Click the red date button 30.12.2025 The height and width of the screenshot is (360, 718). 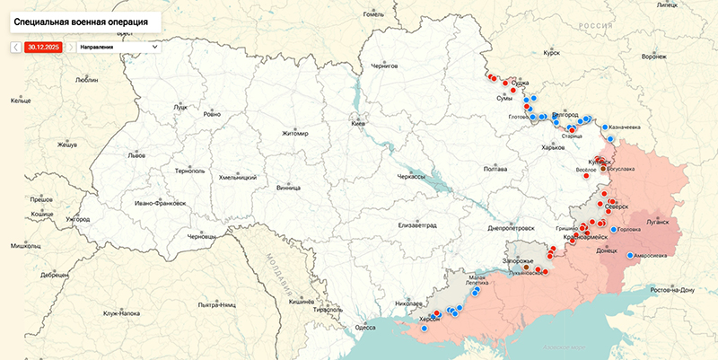click(x=43, y=46)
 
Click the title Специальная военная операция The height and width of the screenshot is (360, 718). click(x=82, y=19)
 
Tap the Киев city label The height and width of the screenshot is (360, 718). click(x=358, y=123)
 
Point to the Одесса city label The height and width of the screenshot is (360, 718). click(x=365, y=328)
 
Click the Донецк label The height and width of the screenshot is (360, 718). click(x=608, y=251)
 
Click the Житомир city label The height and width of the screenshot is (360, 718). click(x=294, y=134)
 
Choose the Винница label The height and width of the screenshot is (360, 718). click(x=289, y=189)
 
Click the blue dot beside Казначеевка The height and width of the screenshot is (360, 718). click(x=606, y=127)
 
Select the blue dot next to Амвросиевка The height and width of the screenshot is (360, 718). click(x=629, y=255)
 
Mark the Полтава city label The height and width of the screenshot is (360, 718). click(x=495, y=169)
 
